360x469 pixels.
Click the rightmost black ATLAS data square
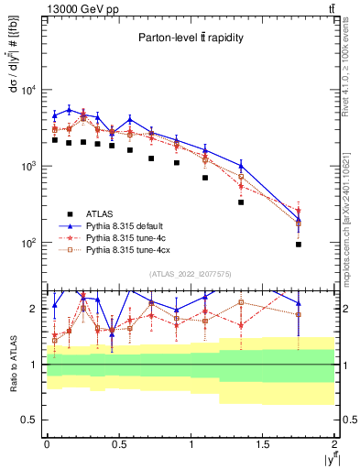[x=299, y=245]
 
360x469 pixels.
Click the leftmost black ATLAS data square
[x=55, y=140]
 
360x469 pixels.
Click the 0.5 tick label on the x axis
[x=118, y=443]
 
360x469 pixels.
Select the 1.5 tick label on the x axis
[x=263, y=443]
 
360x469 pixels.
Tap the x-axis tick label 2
[x=334, y=443]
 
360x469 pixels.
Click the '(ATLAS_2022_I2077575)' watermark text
[x=190, y=274]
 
